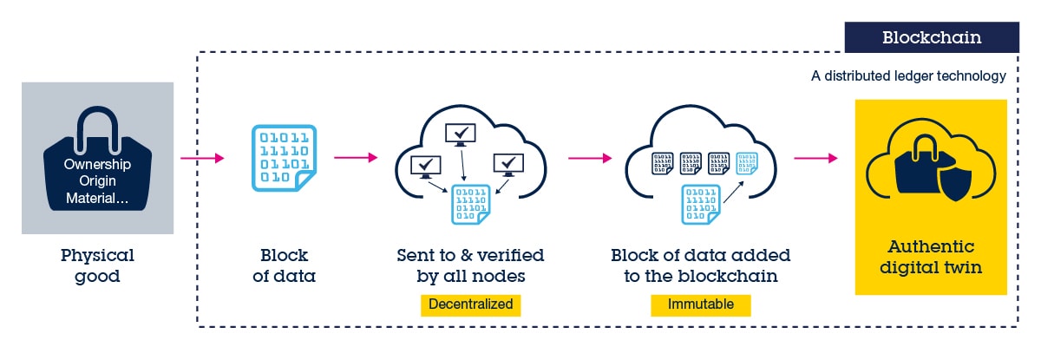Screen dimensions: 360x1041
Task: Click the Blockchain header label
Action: point(932,37)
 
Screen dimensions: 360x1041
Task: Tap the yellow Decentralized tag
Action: point(470,305)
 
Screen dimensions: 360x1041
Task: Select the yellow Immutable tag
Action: point(700,305)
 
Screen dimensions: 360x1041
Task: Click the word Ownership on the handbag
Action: point(97,164)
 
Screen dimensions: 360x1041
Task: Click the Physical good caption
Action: point(97,266)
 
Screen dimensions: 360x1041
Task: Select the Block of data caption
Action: point(285,266)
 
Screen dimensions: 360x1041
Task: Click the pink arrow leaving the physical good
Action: point(201,158)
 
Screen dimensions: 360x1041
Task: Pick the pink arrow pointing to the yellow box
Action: point(815,158)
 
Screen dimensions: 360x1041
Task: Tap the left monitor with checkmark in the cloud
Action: point(425,165)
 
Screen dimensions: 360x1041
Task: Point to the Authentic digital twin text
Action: point(931,258)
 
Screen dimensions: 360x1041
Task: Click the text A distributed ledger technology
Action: point(908,76)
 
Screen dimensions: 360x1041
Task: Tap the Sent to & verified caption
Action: point(470,266)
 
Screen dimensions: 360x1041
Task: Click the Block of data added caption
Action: point(700,266)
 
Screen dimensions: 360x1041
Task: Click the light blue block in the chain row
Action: point(746,164)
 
